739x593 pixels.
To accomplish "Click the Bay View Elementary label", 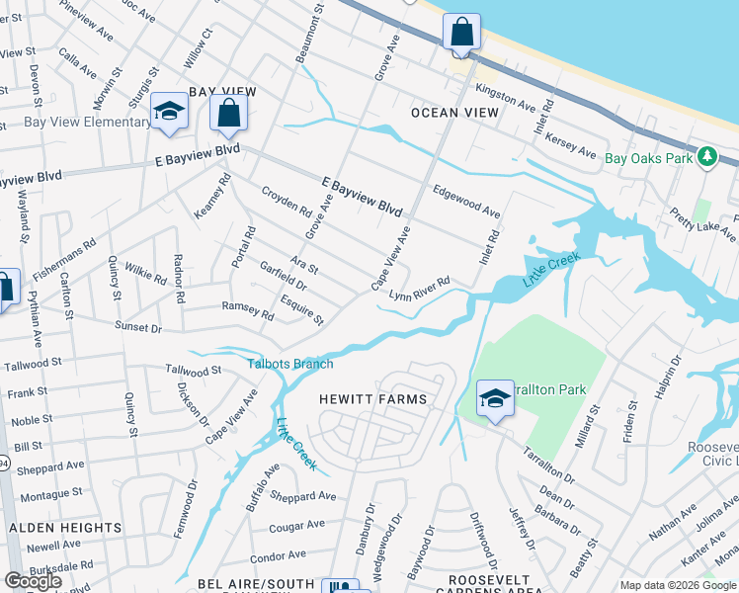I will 73,123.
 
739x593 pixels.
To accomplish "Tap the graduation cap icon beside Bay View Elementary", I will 169,111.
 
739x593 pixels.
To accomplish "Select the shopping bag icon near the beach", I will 461,33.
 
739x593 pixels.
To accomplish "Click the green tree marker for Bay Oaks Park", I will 706,157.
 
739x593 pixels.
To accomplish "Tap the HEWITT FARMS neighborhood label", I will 372,399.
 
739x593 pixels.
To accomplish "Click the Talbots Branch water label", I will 290,365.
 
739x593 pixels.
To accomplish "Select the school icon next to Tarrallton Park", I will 495,398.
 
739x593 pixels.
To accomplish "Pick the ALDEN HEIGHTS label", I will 65,528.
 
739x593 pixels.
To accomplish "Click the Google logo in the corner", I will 33,581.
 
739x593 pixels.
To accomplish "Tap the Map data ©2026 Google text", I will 678,585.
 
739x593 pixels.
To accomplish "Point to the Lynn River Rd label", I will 419,289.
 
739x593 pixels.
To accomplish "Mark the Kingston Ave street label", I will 505,97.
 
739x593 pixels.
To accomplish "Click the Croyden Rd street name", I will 286,202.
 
